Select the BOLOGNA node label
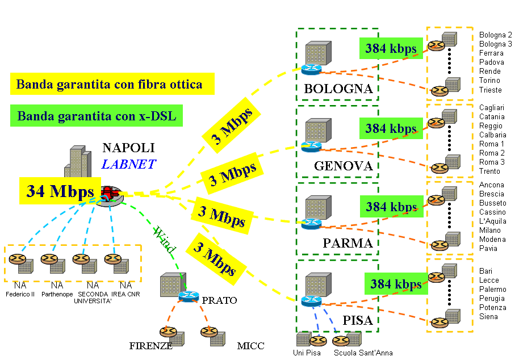point(338,89)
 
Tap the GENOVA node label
point(343,166)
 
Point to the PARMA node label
point(348,244)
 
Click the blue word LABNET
point(128,165)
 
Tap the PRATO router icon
point(187,296)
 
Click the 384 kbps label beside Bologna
point(391,48)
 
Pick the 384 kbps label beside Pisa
point(396,283)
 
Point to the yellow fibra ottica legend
point(109,85)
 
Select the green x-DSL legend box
point(97,116)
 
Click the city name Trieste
point(491,90)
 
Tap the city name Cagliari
point(492,108)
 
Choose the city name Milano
point(490,231)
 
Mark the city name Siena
point(488,317)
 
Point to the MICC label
point(250,345)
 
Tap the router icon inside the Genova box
point(311,146)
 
